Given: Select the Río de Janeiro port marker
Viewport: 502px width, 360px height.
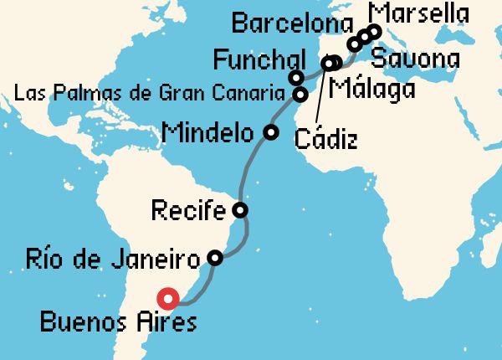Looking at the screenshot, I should click(x=215, y=258).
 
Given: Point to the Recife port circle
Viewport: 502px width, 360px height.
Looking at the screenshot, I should click(x=240, y=209).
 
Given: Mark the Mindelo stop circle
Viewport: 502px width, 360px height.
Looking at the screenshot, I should click(x=270, y=131).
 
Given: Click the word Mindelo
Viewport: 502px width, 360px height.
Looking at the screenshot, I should click(x=209, y=131).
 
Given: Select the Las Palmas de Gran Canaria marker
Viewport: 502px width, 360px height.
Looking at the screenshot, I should click(x=300, y=94).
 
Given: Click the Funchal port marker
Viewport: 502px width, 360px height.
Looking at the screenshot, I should click(x=296, y=78).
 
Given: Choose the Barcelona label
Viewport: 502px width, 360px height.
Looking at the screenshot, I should click(x=289, y=23).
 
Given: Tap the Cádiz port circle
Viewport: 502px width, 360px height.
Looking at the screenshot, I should click(x=330, y=63).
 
